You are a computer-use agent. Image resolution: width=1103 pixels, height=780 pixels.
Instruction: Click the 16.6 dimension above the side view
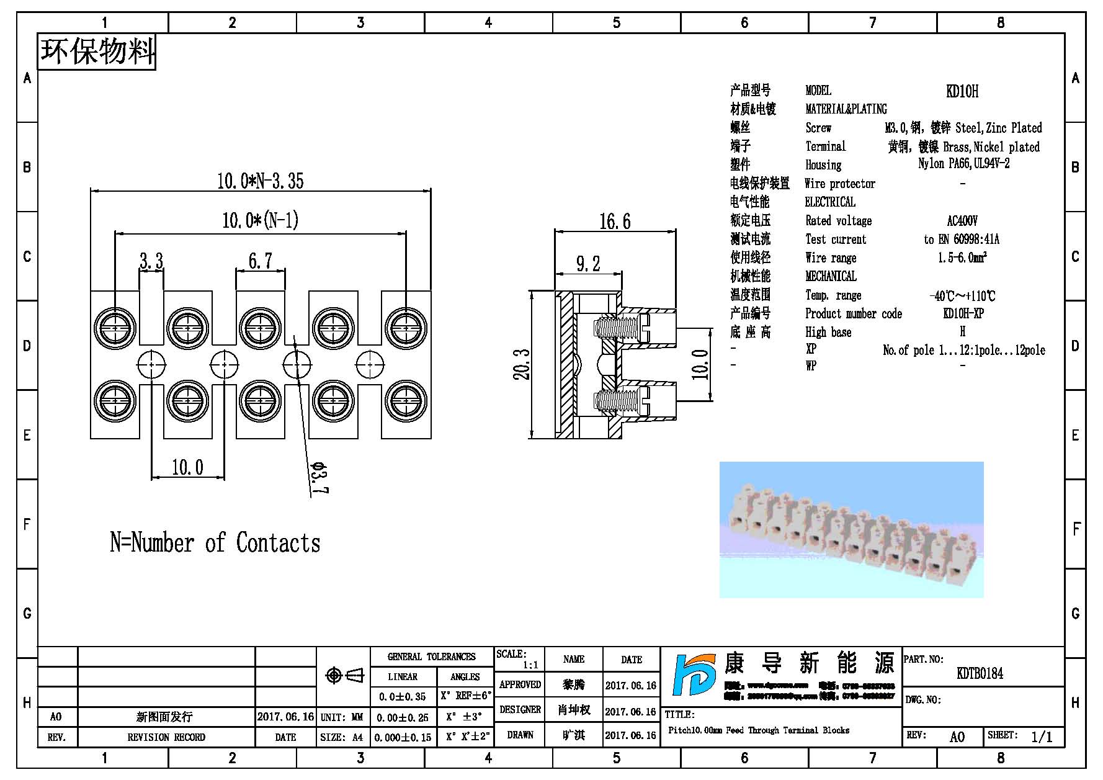point(614,222)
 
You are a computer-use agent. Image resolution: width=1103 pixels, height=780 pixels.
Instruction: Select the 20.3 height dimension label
point(522,364)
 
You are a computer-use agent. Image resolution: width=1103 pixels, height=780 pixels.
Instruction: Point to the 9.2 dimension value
point(587,264)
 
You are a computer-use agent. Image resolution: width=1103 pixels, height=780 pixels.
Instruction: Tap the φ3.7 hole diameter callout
point(320,478)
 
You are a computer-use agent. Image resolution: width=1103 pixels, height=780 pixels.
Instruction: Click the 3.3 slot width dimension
point(151,261)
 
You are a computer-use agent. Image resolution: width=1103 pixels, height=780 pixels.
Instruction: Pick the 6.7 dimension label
point(260,261)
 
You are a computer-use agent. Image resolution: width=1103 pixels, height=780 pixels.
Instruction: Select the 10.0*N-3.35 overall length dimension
point(260,181)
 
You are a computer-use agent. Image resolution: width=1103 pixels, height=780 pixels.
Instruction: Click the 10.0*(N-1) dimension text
point(260,220)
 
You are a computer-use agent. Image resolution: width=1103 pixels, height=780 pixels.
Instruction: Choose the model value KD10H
point(962,91)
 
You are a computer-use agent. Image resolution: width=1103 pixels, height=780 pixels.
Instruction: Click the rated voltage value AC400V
point(962,221)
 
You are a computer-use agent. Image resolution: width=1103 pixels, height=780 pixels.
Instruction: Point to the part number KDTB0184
point(980,673)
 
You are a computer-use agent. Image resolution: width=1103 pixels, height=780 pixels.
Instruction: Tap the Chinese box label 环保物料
point(97,51)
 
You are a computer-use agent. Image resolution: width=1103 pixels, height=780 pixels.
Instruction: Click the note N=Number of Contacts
point(215,543)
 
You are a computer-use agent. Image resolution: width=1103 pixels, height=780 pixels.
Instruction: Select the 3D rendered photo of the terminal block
point(851,529)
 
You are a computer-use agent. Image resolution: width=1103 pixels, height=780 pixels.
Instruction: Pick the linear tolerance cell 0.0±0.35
point(402,697)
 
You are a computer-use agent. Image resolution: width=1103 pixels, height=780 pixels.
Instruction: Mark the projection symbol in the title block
point(345,675)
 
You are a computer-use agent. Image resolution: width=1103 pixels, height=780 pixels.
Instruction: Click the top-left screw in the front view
point(115,326)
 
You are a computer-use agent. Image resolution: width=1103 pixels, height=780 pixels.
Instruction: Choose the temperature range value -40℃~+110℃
point(962,296)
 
